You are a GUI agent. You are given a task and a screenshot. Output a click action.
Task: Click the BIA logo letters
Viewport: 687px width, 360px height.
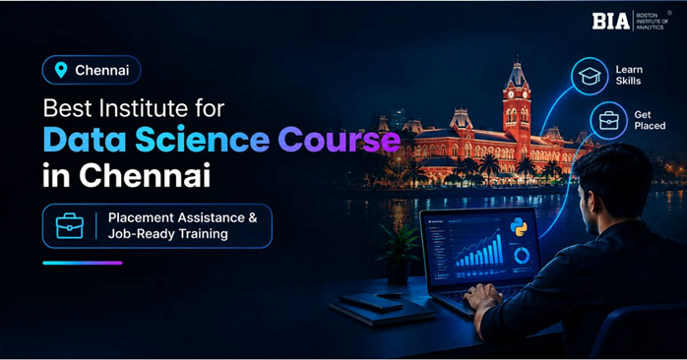pyautogui.click(x=611, y=21)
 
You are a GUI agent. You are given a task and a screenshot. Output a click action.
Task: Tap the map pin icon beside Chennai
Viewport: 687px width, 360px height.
pyautogui.click(x=61, y=70)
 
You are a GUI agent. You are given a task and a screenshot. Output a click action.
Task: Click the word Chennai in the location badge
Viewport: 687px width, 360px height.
pyautogui.click(x=102, y=70)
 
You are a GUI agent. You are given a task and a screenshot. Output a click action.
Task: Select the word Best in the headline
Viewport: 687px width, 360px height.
pyautogui.click(x=68, y=108)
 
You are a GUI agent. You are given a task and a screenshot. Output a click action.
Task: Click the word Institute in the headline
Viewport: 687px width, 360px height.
pyautogui.click(x=144, y=108)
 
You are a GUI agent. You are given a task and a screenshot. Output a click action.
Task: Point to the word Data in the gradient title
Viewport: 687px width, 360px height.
pyautogui.click(x=85, y=140)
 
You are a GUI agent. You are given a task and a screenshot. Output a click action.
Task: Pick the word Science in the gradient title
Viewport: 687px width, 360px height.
pyautogui.click(x=203, y=140)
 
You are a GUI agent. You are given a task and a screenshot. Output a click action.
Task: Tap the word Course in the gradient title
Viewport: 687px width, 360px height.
pyautogui.click(x=340, y=140)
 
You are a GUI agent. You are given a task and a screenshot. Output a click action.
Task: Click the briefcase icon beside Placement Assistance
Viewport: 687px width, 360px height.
pyautogui.click(x=70, y=226)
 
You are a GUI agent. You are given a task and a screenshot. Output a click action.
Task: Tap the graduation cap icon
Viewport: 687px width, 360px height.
pyautogui.click(x=590, y=76)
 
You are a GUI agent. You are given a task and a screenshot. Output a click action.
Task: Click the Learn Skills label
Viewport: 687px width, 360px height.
pyautogui.click(x=629, y=76)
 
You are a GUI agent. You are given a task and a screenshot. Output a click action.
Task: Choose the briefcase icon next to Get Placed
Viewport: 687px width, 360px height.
pyautogui.click(x=608, y=120)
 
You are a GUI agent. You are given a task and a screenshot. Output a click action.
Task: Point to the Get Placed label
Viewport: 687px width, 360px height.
pyautogui.click(x=650, y=120)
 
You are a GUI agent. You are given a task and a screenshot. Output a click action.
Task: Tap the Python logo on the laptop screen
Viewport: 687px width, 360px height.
pyautogui.click(x=519, y=227)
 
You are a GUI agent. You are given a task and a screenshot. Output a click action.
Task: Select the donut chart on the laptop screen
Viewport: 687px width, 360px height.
pyautogui.click(x=522, y=256)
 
